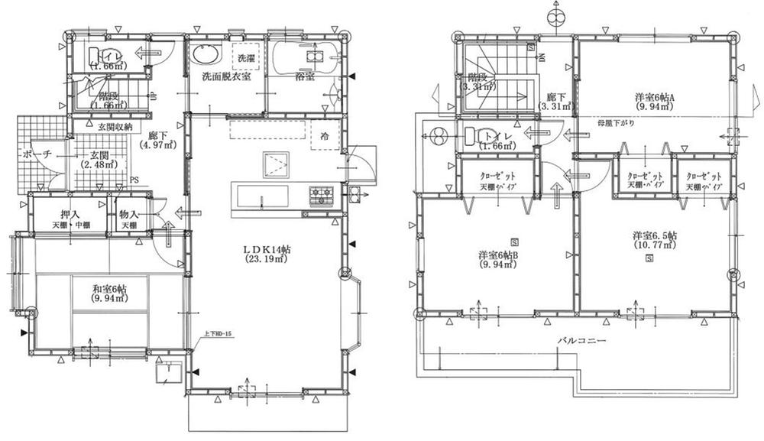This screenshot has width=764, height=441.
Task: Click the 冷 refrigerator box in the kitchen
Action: click(325, 136)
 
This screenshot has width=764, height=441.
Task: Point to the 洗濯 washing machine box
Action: click(246, 58)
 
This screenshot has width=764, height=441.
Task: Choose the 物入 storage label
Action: click(129, 215)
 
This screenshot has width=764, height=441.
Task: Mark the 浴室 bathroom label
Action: click(304, 76)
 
